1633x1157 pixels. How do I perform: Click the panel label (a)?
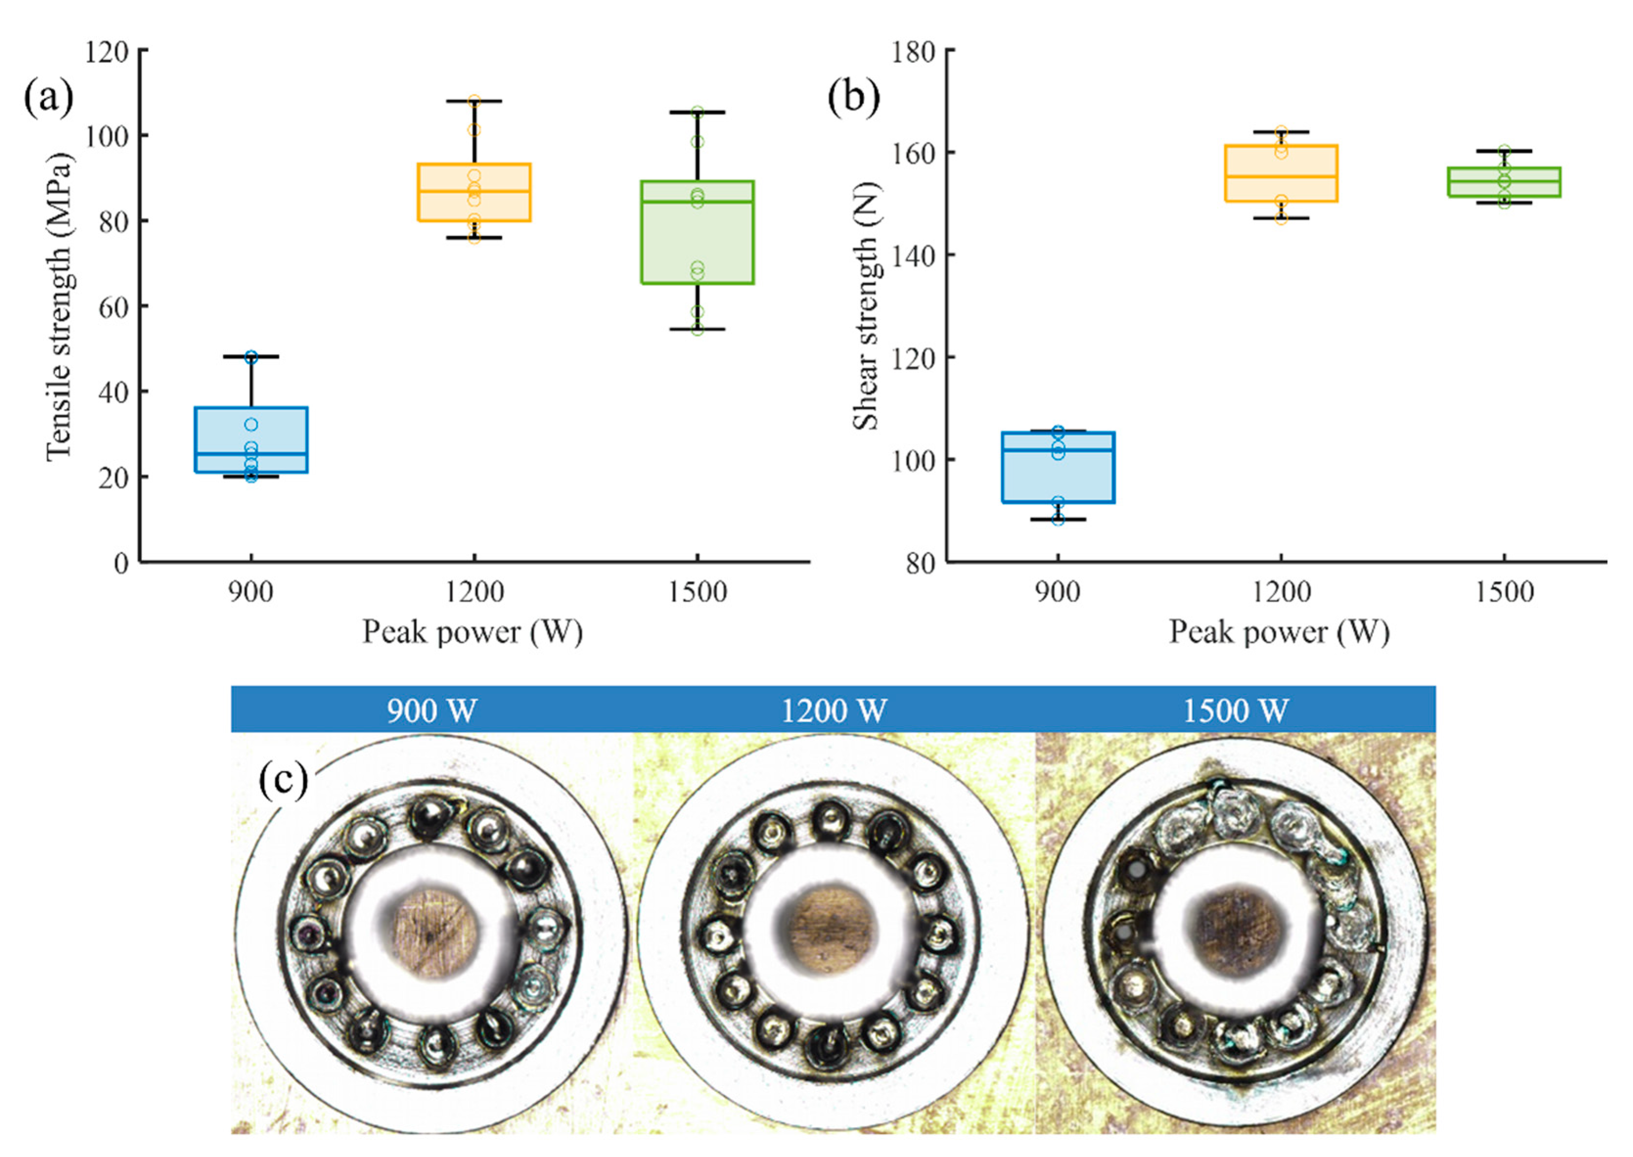[x=48, y=98]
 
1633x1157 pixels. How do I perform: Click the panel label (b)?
[x=853, y=98]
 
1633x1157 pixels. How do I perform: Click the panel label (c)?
[x=283, y=779]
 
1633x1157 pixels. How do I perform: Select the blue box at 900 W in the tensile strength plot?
[x=251, y=440]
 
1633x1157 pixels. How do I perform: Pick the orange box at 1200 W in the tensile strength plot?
[x=474, y=192]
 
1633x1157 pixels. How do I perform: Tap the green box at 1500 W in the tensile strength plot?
[x=697, y=232]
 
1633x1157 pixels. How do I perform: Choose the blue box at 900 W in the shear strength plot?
[x=1058, y=467]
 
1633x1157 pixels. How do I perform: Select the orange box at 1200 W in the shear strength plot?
[x=1281, y=173]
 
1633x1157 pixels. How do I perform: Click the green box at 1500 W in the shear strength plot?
[x=1504, y=182]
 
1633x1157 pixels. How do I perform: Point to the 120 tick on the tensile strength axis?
[x=107, y=51]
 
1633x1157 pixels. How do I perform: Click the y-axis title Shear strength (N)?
[x=866, y=306]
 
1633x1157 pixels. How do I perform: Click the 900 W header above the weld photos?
[x=432, y=711]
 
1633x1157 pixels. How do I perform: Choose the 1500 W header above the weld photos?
[x=1235, y=711]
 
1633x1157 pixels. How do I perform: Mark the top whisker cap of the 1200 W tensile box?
[x=474, y=101]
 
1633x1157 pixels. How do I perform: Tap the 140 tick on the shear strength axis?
[x=914, y=256]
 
